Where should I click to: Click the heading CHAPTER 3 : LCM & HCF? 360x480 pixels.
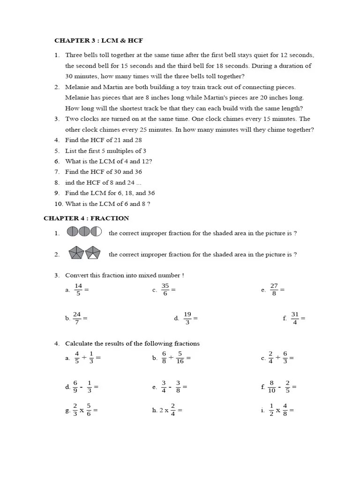click(98, 41)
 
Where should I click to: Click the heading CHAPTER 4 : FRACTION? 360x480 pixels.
click(86, 218)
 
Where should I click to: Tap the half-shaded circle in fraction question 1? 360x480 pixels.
click(96, 232)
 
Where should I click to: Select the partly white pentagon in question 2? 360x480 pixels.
click(93, 253)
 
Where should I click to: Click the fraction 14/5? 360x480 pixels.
click(78, 290)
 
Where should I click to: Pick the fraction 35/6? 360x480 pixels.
click(165, 290)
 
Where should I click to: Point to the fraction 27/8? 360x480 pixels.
click(274, 290)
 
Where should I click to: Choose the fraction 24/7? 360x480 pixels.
click(77, 318)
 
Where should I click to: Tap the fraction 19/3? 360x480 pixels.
click(187, 318)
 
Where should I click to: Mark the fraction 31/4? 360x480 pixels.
click(295, 318)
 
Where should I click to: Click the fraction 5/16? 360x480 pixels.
click(180, 358)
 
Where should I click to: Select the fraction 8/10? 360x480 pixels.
click(271, 387)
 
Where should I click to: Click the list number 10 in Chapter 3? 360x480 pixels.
click(58, 204)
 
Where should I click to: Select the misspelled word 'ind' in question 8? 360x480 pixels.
click(70, 183)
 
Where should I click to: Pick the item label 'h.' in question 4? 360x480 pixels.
click(155, 411)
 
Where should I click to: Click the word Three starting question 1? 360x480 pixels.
click(74, 55)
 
